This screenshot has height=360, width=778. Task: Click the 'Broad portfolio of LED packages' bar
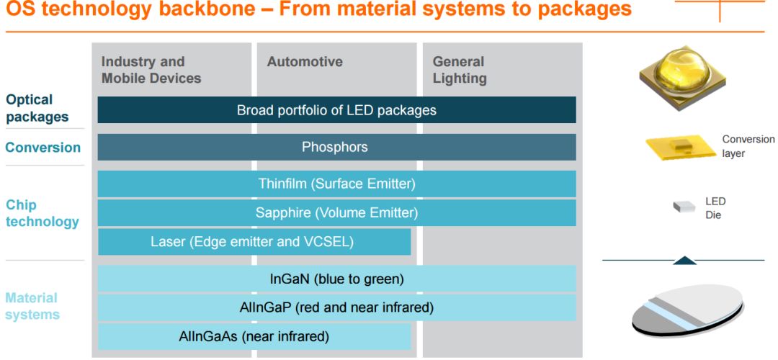coord(336,109)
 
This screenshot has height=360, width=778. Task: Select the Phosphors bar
coord(336,148)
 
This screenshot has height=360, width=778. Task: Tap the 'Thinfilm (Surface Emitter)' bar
coord(336,184)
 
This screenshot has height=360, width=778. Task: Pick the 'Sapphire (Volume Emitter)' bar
coord(336,212)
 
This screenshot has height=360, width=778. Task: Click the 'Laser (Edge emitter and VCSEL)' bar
coord(254,242)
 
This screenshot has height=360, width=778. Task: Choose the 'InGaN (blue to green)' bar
coord(336,279)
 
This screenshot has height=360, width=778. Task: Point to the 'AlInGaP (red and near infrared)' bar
coord(336,308)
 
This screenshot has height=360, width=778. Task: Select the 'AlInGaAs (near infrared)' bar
coord(254,337)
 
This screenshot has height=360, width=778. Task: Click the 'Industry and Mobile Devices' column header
coord(151,70)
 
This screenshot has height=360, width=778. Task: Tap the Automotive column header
coord(305,62)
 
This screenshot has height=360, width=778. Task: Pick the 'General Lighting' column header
coord(460,70)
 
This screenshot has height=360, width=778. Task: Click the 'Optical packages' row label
coord(37,108)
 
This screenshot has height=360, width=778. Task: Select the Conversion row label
coord(43,148)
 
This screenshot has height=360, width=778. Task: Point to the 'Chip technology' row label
coord(43,213)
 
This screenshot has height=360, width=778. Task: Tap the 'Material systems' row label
coord(32,306)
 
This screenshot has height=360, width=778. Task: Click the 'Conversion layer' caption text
coord(747,146)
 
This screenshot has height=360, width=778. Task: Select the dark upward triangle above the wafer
coord(685,261)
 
